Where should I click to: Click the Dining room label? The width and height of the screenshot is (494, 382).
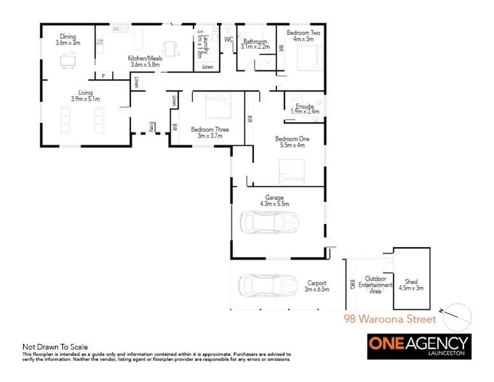coord(67,39)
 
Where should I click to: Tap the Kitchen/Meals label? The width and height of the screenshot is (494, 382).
coord(145,61)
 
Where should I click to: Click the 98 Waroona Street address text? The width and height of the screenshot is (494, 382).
coord(390,318)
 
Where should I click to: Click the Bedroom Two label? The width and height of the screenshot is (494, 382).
coord(303,35)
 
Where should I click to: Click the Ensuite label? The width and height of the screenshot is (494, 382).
coord(305,109)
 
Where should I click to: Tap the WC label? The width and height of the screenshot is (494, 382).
coord(229,39)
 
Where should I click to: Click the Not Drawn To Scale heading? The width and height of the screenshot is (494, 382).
coord(55,347)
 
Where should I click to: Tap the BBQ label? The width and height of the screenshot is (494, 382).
coord(351,285)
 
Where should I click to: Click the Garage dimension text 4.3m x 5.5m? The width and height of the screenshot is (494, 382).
coord(274,204)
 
